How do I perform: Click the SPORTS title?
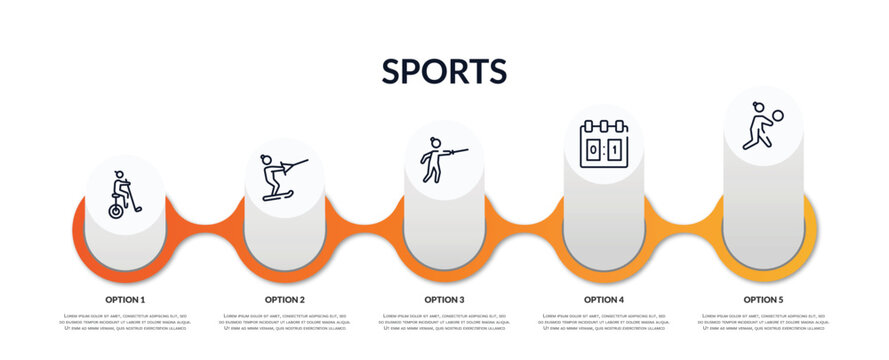[444, 71]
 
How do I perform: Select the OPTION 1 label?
[125, 299]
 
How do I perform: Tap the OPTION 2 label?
[285, 299]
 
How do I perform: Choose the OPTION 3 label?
[444, 299]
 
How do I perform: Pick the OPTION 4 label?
[604, 299]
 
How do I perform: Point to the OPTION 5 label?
[763, 299]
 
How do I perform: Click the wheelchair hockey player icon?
[125, 194]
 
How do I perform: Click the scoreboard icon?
[604, 143]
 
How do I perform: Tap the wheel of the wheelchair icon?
[118, 211]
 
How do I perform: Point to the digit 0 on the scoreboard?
[593, 149]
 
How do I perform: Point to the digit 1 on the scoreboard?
[615, 149]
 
